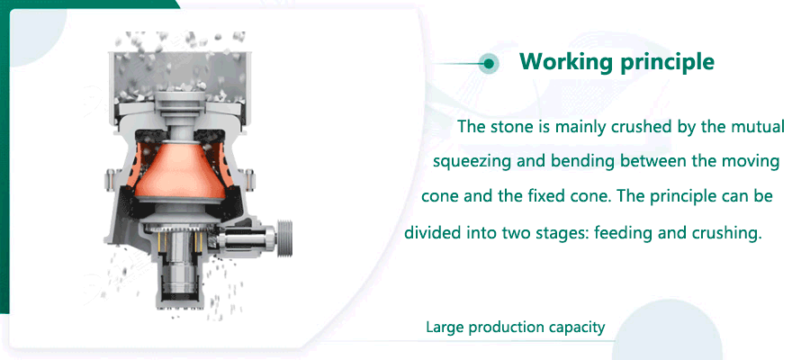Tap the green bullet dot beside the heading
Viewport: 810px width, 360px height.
point(488,64)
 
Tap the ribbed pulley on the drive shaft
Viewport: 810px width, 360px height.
point(284,238)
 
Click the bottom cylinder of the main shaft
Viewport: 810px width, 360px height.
point(181,289)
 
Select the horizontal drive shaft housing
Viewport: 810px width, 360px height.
point(246,238)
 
